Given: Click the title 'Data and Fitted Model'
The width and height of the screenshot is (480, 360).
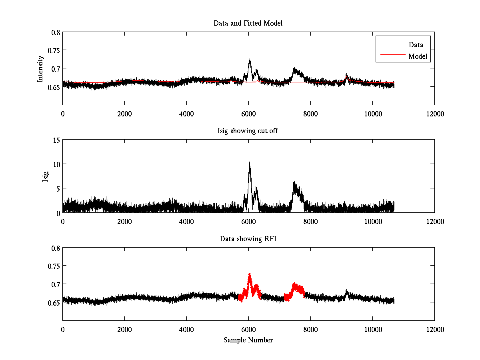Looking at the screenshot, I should point(248,23).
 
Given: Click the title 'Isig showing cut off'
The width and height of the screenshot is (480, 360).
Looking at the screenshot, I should point(248,131).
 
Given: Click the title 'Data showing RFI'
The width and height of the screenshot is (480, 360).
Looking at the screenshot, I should point(248,239).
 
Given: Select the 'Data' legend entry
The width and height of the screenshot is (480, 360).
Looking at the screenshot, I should point(416,44).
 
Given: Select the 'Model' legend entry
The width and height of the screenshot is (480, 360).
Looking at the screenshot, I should point(418,56).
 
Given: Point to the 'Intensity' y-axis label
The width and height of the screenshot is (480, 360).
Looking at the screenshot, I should point(40,69).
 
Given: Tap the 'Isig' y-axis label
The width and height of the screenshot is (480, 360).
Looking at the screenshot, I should point(45,176).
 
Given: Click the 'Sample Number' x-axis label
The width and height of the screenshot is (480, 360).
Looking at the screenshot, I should point(248,340).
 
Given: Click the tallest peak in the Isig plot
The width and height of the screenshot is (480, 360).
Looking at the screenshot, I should point(250,162).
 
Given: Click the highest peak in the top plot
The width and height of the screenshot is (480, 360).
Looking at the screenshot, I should point(250,59).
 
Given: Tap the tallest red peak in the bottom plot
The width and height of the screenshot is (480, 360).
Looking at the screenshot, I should point(250,274).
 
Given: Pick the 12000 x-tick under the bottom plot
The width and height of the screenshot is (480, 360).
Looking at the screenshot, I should point(434,330).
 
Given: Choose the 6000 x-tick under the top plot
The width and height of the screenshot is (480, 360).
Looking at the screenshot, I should point(248,114).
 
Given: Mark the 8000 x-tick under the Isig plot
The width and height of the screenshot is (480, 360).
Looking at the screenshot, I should point(310,222).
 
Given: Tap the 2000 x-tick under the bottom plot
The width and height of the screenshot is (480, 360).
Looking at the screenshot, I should point(124,330).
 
